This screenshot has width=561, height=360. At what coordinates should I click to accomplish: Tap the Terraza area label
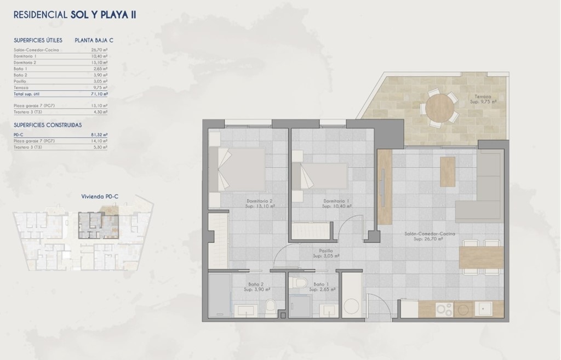pos(485,99)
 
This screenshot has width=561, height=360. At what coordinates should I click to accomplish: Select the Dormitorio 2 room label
pos(260,203)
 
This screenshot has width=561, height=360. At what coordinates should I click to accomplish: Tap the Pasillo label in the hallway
pos(326,253)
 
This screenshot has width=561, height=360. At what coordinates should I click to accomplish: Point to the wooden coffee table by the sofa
pos(447,172)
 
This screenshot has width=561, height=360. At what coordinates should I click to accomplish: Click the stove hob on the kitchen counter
pos(450,309)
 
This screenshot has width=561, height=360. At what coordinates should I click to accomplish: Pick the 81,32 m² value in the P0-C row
pos(99,134)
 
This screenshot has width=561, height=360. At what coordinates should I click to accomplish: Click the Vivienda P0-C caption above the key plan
pos(100,196)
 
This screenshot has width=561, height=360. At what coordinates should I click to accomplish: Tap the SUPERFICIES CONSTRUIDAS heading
pos(48,125)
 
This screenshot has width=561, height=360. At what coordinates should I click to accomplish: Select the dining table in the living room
pos(481,257)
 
